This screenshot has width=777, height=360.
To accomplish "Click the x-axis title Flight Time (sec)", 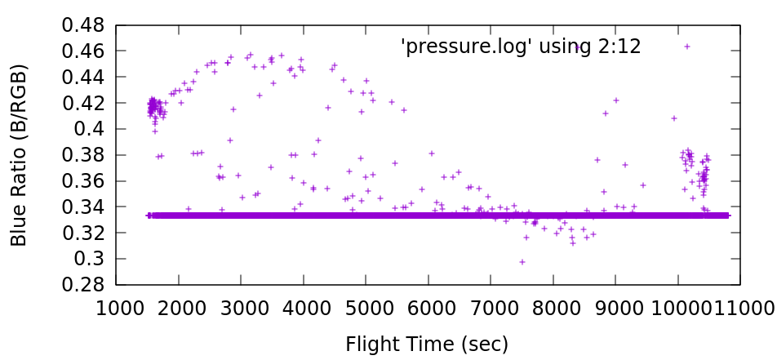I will [x=428, y=344].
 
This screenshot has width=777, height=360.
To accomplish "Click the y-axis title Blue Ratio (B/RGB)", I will [x=20, y=155].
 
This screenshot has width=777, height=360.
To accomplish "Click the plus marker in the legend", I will [x=687, y=47].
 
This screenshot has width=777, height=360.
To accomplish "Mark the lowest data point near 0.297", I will [x=522, y=262].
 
